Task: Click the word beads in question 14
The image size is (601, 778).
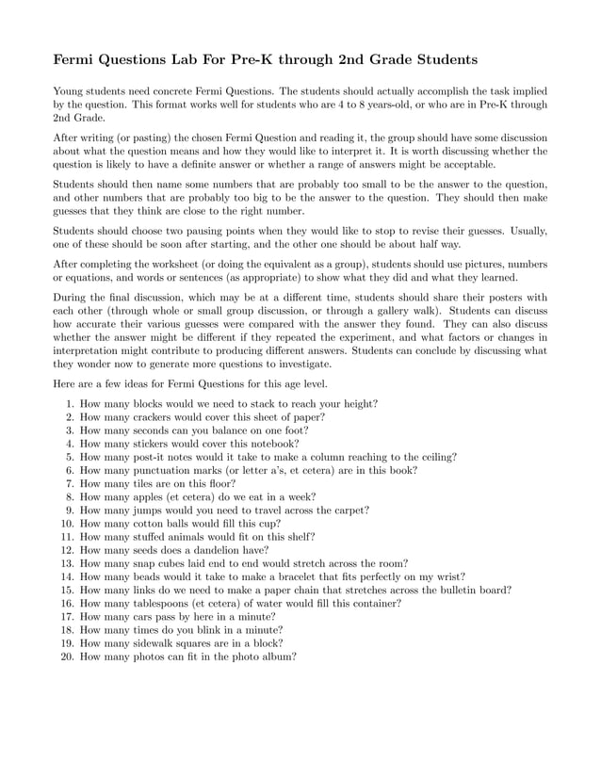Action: pyautogui.click(x=141, y=575)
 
